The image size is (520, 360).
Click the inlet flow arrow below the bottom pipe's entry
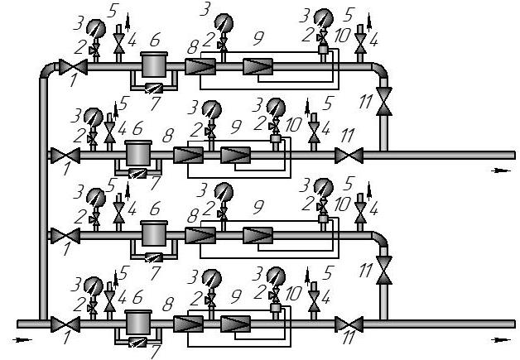click(x=22, y=340)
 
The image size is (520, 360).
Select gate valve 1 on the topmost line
click(x=73, y=67)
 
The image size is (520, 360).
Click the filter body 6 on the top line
click(x=154, y=65)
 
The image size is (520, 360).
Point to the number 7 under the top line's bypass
click(x=155, y=103)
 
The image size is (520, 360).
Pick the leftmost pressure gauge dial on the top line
click(x=96, y=29)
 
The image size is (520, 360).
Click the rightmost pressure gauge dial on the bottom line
click(x=276, y=276)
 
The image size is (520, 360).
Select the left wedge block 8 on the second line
click(x=188, y=155)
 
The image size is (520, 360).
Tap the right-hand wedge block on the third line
click(x=258, y=235)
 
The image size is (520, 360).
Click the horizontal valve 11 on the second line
click(x=349, y=156)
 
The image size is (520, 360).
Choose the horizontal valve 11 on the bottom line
click(x=349, y=324)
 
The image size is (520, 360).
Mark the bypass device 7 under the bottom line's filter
click(x=137, y=342)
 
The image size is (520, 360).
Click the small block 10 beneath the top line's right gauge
click(x=323, y=50)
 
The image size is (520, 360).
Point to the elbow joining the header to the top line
click(x=48, y=70)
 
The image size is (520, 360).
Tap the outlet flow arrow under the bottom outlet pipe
click(x=501, y=340)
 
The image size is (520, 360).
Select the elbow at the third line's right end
click(x=380, y=239)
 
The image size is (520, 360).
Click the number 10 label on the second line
click(x=293, y=125)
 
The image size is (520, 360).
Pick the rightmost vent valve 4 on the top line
click(x=360, y=42)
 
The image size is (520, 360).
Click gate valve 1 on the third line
click(x=65, y=236)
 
